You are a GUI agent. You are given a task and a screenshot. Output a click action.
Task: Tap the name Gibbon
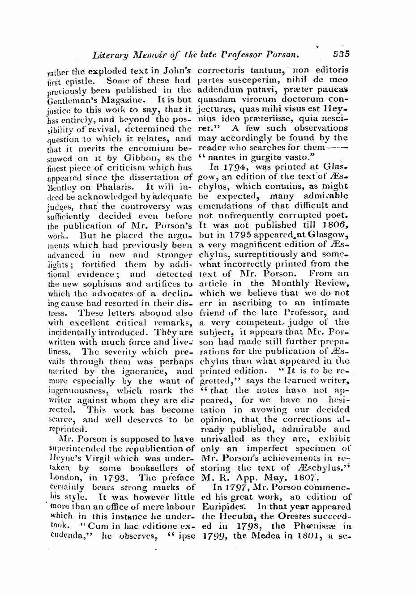click(x=136, y=157)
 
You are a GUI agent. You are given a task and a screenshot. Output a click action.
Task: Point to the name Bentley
click(x=60, y=187)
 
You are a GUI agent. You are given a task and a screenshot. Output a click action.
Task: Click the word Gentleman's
click(x=71, y=100)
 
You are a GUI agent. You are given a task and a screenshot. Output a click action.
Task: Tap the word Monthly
click(x=290, y=284)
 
